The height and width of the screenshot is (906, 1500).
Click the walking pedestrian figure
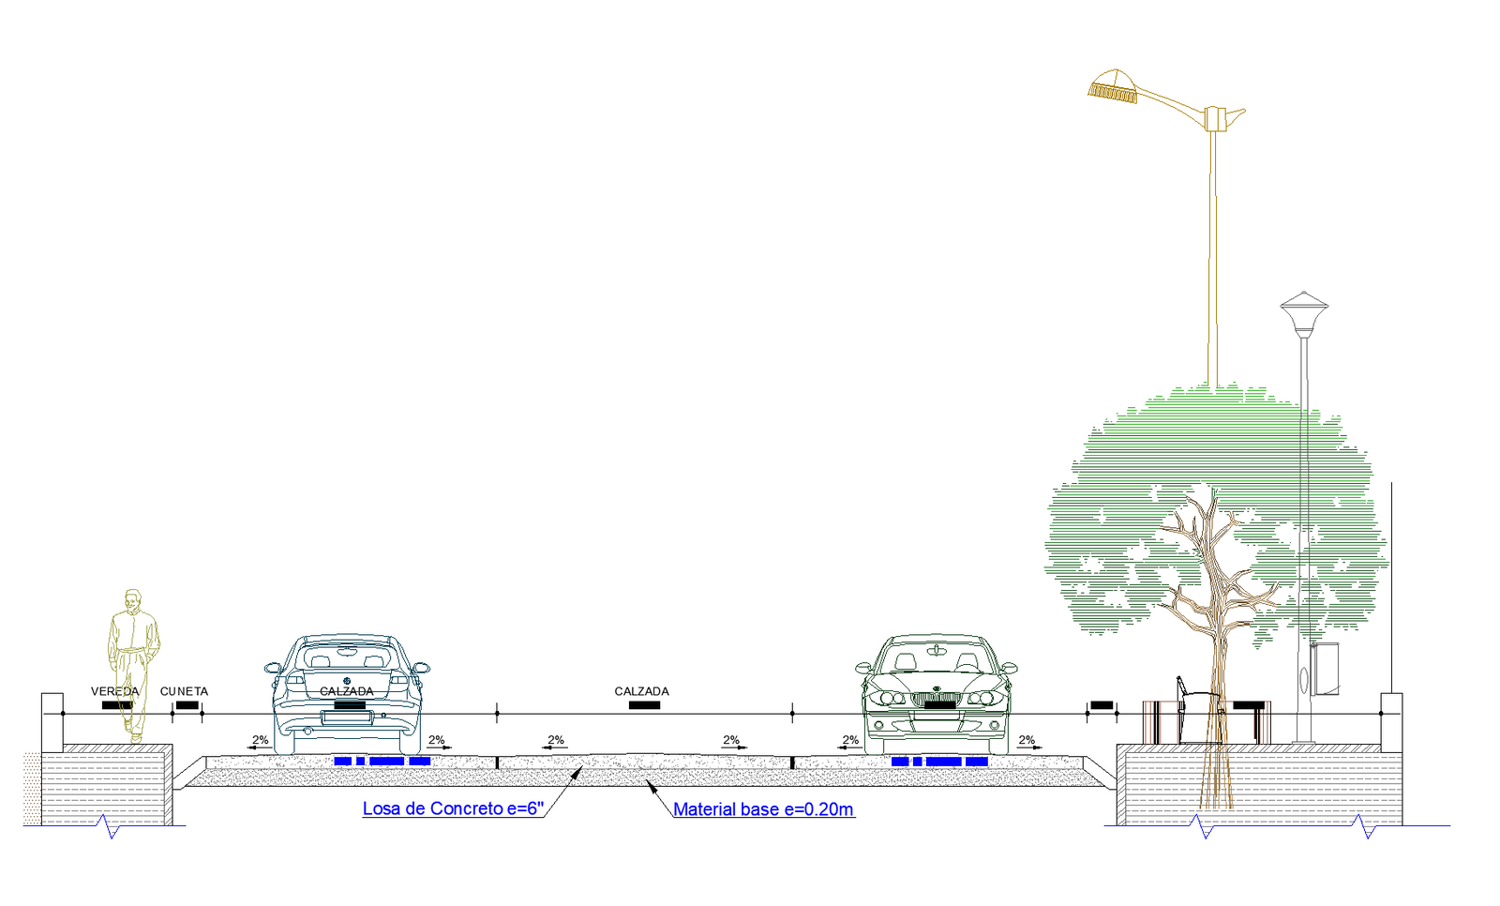132,666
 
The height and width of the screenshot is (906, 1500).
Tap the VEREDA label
114,691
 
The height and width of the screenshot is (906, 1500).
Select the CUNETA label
184,691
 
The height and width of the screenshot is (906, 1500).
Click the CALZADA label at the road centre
641,691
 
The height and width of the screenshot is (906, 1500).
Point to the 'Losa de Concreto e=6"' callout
453,808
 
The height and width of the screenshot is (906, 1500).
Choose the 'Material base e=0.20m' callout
763,809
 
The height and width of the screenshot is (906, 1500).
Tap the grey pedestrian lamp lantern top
1304,303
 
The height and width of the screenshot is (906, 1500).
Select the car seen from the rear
347,694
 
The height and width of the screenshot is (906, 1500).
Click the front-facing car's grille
933,699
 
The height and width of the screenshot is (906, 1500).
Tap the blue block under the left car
382,761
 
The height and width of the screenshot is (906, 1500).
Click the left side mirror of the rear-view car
273,669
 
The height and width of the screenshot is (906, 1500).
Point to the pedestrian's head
133,599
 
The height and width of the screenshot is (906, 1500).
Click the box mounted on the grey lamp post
1325,669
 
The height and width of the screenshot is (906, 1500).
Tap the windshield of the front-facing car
936,660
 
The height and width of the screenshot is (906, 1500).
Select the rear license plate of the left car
347,718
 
